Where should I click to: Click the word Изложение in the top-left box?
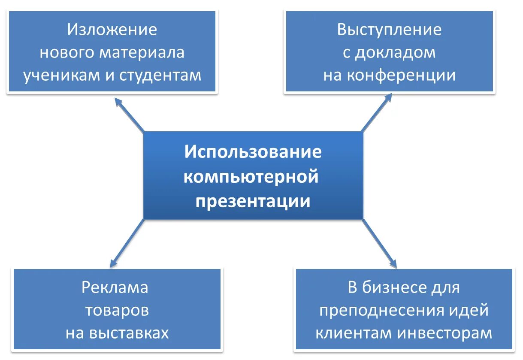pos(112,30)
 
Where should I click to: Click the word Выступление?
pos(389,30)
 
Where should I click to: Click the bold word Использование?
pos(253,152)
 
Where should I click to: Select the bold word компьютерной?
pos(251,176)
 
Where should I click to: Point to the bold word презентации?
pos(253,201)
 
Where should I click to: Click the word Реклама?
pos(115,287)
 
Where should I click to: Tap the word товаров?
pos(117,310)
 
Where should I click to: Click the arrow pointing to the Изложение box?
pos(129,114)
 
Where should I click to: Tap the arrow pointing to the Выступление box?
pos(377,112)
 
